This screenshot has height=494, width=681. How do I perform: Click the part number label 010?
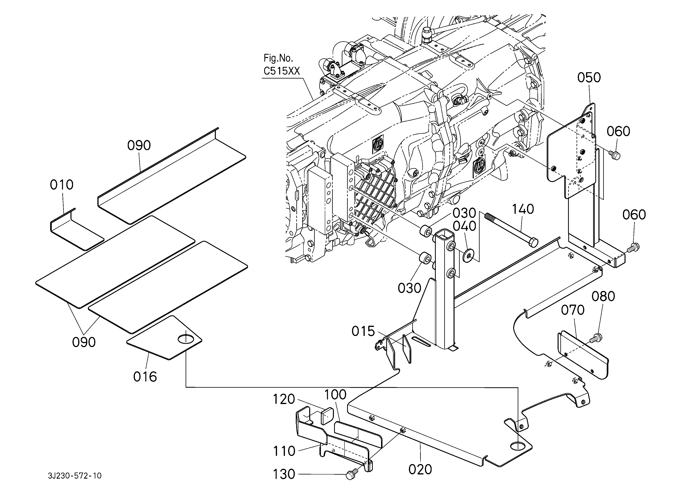[x=62, y=185]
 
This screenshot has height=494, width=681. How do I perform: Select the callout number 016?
[x=145, y=377]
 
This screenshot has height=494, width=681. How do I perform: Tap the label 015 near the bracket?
[x=363, y=331]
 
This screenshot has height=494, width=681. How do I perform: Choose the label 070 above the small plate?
[x=573, y=310]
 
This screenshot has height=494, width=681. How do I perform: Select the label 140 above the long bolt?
[x=523, y=209]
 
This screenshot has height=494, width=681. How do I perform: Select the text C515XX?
[x=282, y=71]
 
